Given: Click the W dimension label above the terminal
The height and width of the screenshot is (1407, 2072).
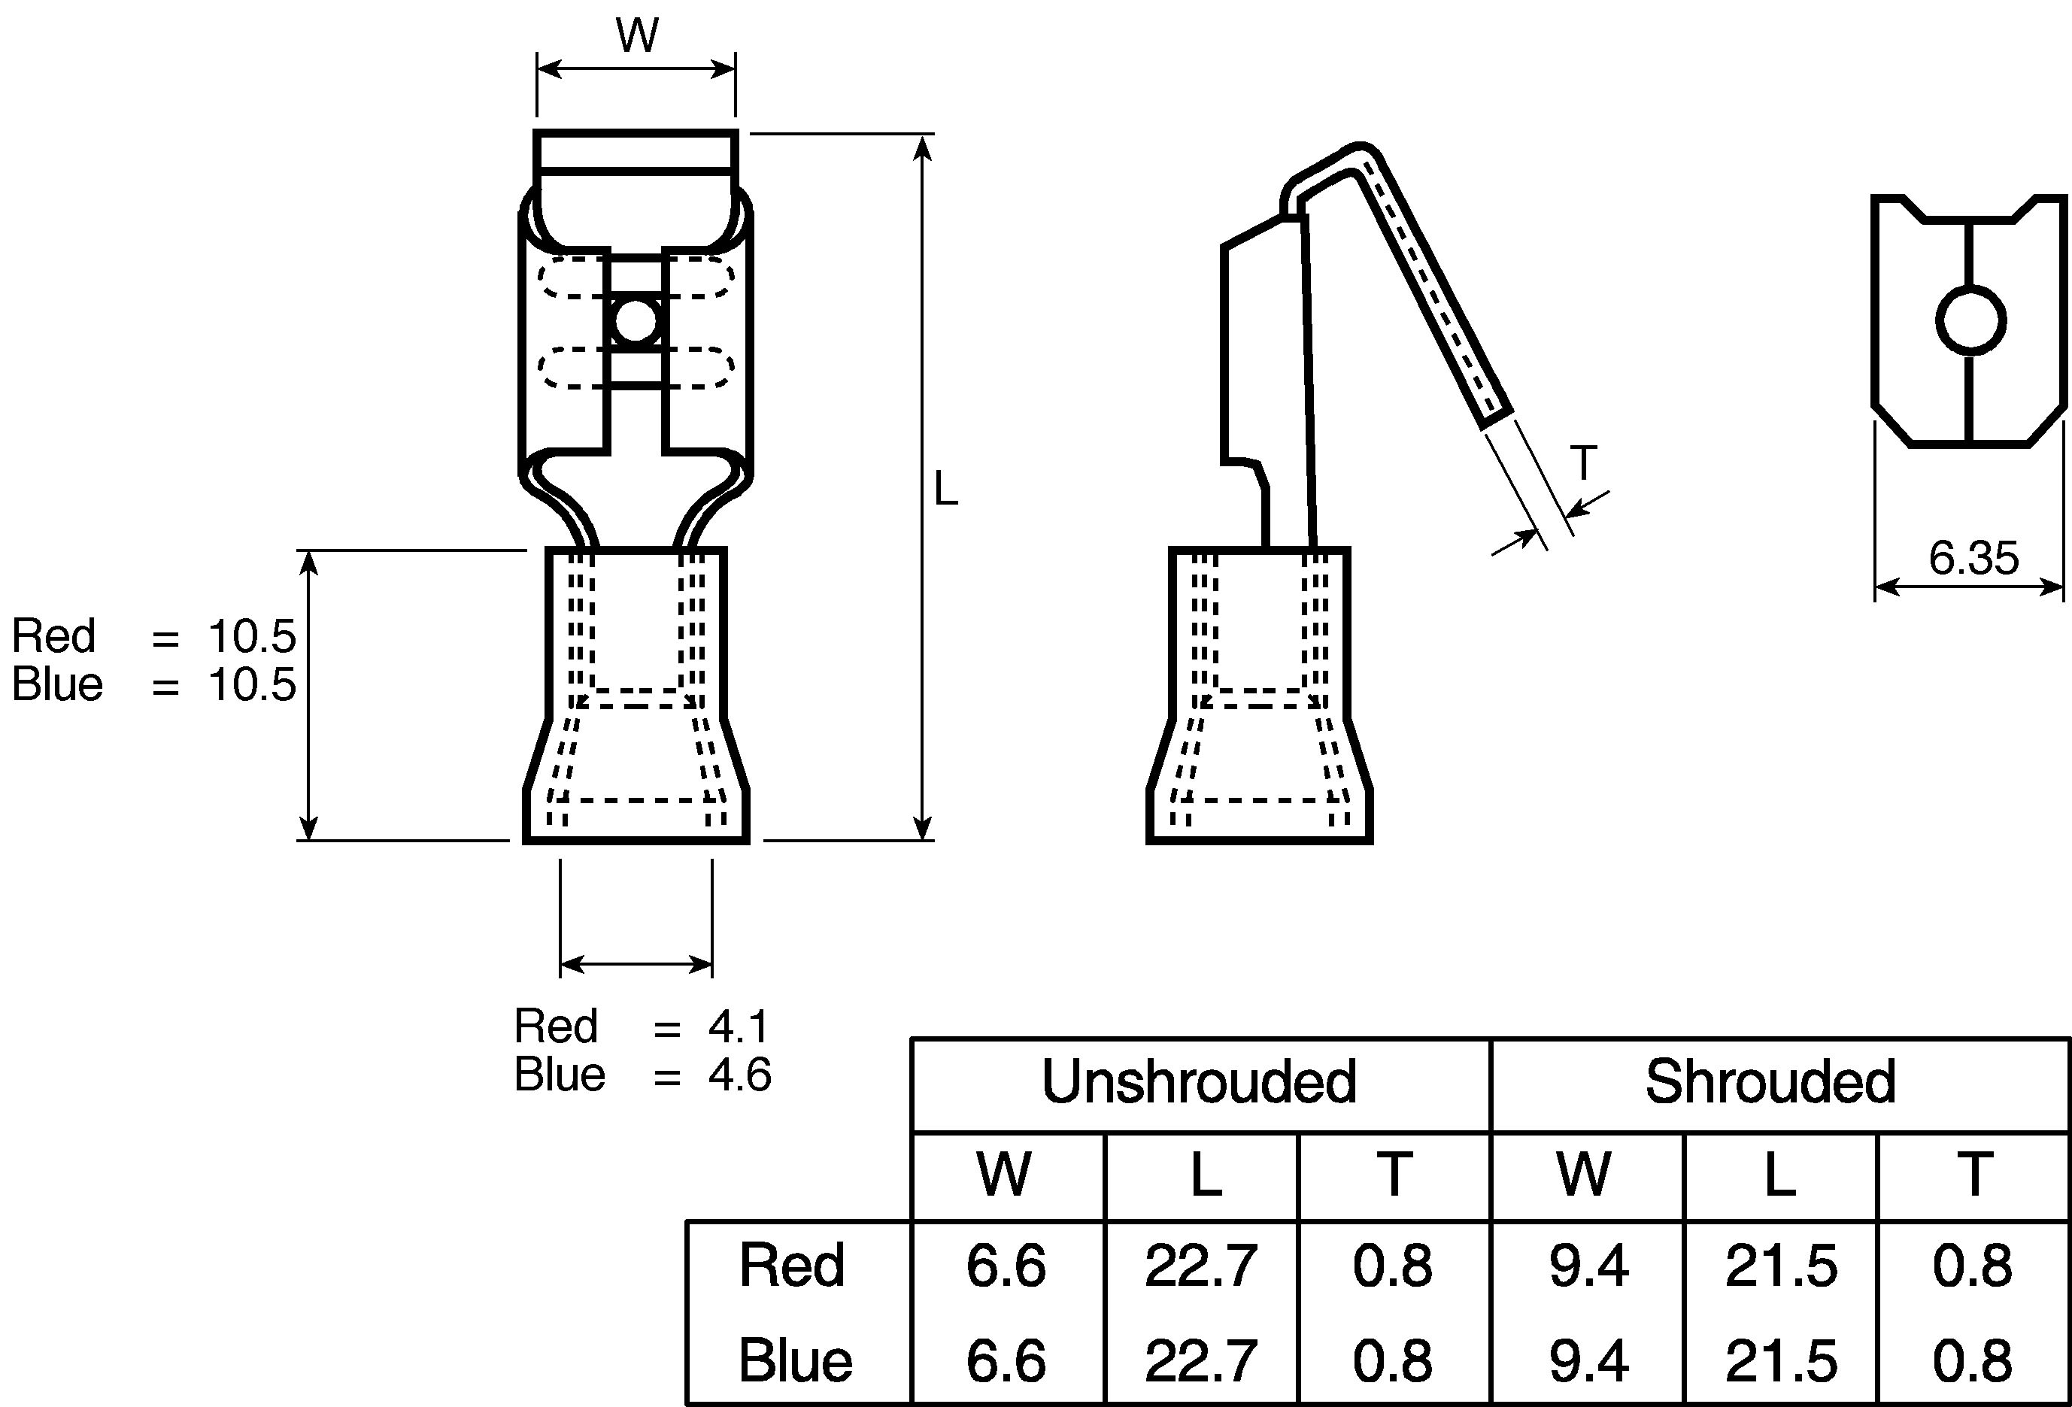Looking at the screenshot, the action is point(636,35).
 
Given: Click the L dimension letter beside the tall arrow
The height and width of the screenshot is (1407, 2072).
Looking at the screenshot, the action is point(945,490).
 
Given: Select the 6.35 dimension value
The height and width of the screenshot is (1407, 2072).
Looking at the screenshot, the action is point(1973,559).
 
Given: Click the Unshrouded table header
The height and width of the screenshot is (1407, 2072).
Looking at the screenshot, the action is point(1199,1082).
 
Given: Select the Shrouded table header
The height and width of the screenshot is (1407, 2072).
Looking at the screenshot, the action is point(1770,1082).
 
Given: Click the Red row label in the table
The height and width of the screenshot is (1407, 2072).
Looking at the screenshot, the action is point(790,1265).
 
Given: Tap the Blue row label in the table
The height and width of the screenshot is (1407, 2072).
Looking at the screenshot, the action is point(795,1360).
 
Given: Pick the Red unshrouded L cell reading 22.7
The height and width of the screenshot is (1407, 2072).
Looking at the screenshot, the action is point(1201,1265).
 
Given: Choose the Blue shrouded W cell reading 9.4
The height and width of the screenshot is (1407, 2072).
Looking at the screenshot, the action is point(1588,1360).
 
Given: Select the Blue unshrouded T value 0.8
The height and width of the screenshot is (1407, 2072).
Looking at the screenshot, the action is point(1393,1360).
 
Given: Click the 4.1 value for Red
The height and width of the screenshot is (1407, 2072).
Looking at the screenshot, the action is point(739,1027).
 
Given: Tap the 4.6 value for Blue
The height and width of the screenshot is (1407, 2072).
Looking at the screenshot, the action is point(740,1075).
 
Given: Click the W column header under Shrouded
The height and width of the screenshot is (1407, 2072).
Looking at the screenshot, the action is point(1585,1175).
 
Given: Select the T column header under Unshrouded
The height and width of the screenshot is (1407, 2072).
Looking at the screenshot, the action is point(1394,1175).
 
